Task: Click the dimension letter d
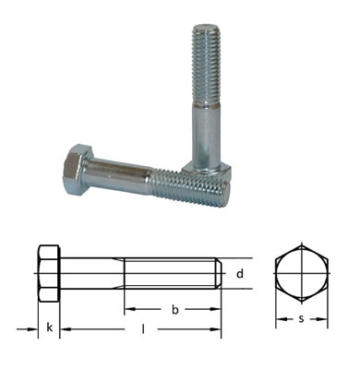point(240,273)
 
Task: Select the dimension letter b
point(174,309)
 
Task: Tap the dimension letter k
point(49,327)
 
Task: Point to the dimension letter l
point(143,329)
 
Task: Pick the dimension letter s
point(301,319)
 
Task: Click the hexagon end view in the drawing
point(302,273)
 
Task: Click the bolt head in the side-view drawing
point(49,273)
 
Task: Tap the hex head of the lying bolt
point(75,169)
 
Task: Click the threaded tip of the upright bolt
point(206,64)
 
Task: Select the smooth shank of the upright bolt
point(207,136)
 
